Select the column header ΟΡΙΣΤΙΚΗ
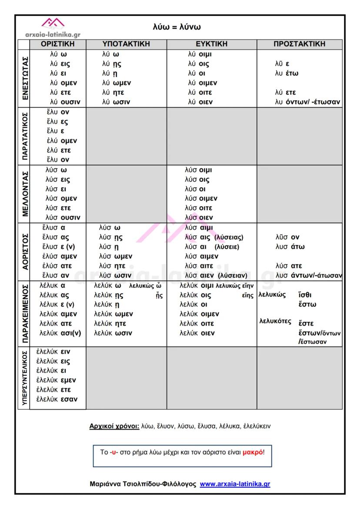click(57, 44)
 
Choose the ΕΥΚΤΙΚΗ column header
click(211, 44)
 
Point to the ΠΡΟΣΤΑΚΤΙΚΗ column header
click(299, 44)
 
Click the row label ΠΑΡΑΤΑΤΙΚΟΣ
click(23, 136)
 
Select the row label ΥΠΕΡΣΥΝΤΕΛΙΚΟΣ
click(23, 378)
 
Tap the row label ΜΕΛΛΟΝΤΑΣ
click(23, 193)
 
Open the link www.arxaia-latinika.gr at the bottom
click(235, 484)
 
